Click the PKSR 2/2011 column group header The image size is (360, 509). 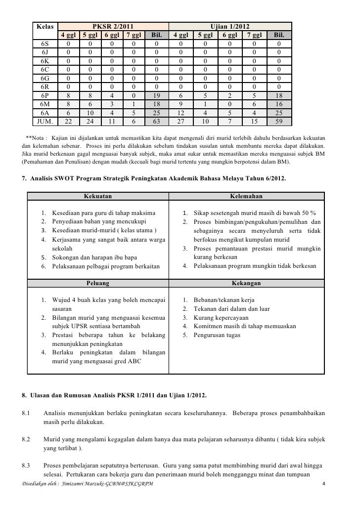[x=112, y=26]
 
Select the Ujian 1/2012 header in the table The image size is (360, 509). [x=230, y=26]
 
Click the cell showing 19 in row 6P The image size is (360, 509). [x=156, y=96]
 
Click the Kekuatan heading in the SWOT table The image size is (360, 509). [x=98, y=196]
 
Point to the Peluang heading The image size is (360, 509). [x=98, y=284]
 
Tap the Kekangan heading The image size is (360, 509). [x=246, y=284]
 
